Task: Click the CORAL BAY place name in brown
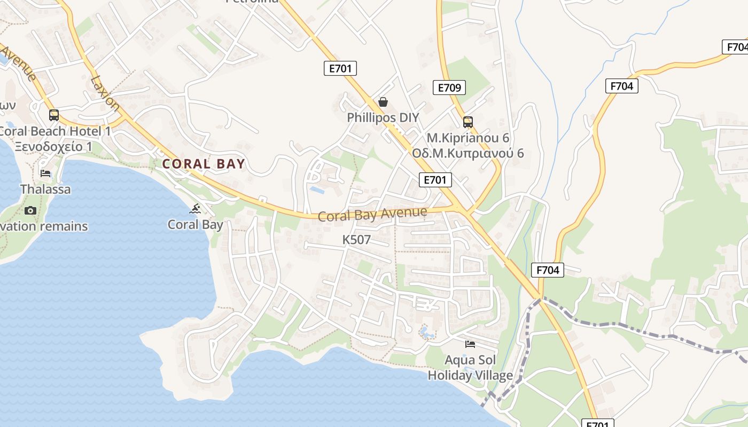click(x=204, y=164)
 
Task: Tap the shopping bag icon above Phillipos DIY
click(x=383, y=102)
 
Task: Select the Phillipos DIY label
click(x=383, y=117)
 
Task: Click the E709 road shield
click(x=449, y=88)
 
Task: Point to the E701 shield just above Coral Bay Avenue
click(x=435, y=180)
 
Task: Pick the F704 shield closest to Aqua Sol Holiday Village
click(x=548, y=270)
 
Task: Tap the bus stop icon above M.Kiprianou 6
click(x=468, y=122)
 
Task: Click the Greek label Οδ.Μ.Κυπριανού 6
click(x=468, y=154)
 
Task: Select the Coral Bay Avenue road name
click(x=372, y=215)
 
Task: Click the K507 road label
click(x=356, y=240)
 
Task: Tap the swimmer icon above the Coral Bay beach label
click(x=196, y=209)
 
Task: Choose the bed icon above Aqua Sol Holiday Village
click(x=470, y=344)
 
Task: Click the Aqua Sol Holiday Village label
click(x=470, y=368)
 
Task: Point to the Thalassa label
click(x=45, y=189)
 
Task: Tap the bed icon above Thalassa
click(x=46, y=173)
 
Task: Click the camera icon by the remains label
click(x=30, y=210)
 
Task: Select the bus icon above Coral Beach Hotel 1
click(x=54, y=115)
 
